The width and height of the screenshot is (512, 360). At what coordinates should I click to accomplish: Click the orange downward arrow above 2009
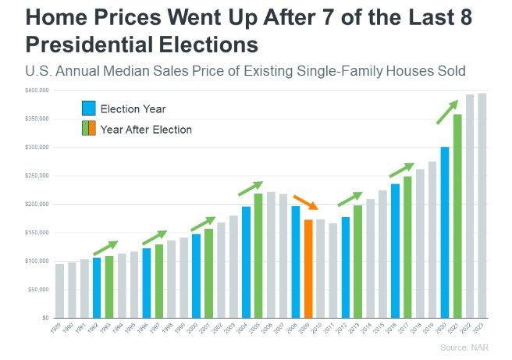coord(306,202)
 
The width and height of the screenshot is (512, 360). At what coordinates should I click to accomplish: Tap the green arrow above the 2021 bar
coord(447,111)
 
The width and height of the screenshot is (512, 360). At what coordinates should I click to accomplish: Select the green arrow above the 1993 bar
coord(105,248)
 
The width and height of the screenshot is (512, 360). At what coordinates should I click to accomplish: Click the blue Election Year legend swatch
coord(89,109)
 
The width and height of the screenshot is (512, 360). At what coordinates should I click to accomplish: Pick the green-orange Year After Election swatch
coord(89,129)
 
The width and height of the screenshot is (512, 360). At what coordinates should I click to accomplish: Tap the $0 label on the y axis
coord(44,319)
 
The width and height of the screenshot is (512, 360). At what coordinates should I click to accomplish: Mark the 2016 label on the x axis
coord(395,328)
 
